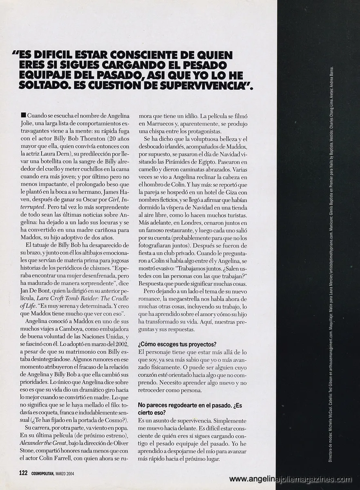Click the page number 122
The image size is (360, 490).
[x=23, y=473]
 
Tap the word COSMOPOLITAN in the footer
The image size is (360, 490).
[x=43, y=473]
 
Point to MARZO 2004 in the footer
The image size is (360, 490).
[x=68, y=473]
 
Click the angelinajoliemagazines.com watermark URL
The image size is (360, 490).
[x=290, y=479]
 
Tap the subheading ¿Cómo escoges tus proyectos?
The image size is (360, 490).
[x=177, y=344]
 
